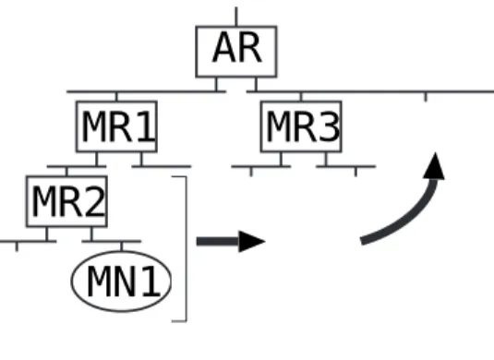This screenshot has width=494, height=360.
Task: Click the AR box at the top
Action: tap(236, 52)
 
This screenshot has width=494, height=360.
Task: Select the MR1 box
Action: tap(116, 126)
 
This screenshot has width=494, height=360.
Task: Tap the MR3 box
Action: tap(301, 126)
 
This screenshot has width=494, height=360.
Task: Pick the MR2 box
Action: tap(66, 201)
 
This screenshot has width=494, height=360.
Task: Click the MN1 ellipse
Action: tap(121, 282)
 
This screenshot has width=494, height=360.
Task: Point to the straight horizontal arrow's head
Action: tap(252, 242)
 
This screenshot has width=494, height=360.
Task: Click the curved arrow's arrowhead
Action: tap(434, 166)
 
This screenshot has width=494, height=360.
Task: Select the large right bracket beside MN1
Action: tap(187, 249)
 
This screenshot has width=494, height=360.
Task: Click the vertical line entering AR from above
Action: tap(236, 17)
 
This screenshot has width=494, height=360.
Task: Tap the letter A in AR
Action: tap(224, 48)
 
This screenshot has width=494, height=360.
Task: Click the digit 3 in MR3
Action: tap(330, 126)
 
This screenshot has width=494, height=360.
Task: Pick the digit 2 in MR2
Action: tap(94, 201)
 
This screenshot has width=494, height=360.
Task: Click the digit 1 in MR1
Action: tap(147, 126)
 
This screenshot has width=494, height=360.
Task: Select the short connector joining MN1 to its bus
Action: tap(122, 246)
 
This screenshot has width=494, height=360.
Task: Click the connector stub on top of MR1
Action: tap(116, 96)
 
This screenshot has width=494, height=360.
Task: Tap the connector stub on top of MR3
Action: tap(301, 96)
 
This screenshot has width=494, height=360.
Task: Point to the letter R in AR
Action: tap(250, 48)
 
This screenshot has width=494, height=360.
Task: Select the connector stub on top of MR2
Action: tap(66, 172)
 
